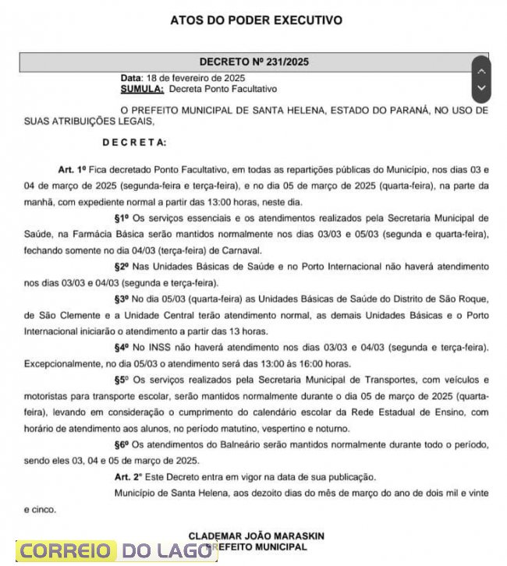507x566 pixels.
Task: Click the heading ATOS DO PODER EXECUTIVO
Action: (x=256, y=19)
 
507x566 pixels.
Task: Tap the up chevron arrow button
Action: (x=481, y=71)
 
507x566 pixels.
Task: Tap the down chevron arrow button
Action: (x=481, y=88)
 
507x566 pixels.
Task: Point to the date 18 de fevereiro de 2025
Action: (x=196, y=79)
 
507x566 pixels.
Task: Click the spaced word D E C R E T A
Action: (x=134, y=142)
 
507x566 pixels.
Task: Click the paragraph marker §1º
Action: (x=122, y=217)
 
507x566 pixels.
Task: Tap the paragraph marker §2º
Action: (x=122, y=266)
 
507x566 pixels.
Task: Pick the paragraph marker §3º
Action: (x=122, y=299)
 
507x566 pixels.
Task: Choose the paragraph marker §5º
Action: (x=122, y=380)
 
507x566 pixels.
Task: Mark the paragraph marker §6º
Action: (x=122, y=444)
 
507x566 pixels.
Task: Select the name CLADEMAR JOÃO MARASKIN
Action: (x=256, y=536)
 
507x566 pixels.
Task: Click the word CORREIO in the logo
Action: (x=66, y=551)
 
